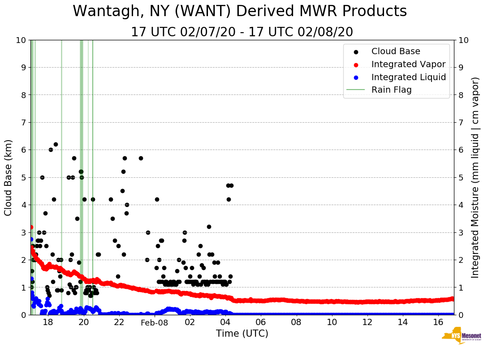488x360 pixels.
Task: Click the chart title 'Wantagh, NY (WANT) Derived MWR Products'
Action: (240, 11)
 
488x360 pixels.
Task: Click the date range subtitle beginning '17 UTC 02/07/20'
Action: (242, 32)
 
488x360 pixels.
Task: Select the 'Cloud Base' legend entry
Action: (396, 51)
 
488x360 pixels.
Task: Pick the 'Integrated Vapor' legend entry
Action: (408, 64)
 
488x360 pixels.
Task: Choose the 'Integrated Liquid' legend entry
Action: (409, 77)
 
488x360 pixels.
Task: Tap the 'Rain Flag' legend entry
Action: (391, 90)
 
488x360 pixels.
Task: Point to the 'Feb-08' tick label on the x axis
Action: (154, 322)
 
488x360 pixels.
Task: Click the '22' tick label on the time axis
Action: (119, 322)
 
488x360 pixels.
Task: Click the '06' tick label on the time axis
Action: (261, 322)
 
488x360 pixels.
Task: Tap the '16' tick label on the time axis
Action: (438, 322)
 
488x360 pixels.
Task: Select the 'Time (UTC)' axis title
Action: (242, 334)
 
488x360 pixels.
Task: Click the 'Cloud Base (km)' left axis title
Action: (9, 177)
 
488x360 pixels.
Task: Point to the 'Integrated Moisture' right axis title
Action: (475, 177)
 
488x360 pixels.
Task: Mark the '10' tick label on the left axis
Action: (20, 40)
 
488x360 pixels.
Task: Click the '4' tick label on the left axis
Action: (23, 205)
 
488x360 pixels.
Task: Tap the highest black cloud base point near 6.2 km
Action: (56, 144)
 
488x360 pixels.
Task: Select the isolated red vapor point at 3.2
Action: (31, 227)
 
